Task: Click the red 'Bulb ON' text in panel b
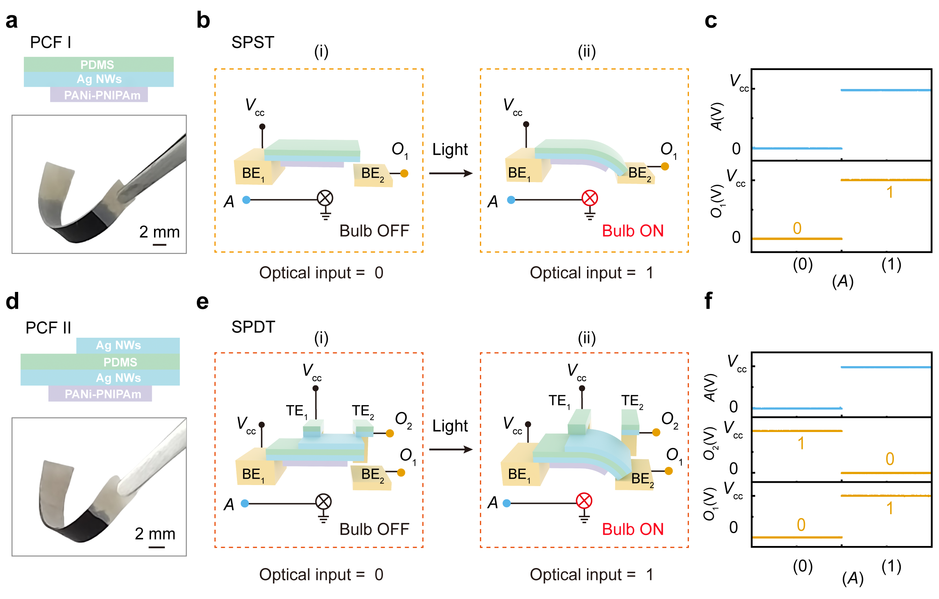click(632, 231)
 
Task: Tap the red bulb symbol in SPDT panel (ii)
click(584, 501)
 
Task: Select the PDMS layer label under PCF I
click(98, 64)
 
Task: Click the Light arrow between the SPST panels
click(450, 173)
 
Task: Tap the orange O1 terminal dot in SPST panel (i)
click(404, 174)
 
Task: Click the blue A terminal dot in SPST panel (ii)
click(511, 200)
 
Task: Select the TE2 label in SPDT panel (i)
click(363, 411)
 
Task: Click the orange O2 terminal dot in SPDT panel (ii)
click(656, 432)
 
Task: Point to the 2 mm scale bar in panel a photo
click(159, 245)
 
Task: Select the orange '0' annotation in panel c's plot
click(797, 228)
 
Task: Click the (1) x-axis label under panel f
click(891, 566)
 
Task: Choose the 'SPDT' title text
click(253, 327)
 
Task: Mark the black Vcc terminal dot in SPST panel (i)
click(262, 126)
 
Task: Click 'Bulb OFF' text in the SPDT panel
click(374, 530)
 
